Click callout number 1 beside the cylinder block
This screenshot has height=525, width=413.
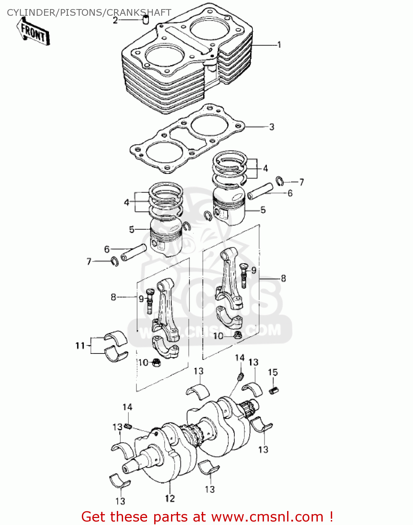(279, 45)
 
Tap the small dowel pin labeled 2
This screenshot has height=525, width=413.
(146, 20)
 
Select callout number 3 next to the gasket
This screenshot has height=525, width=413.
(272, 127)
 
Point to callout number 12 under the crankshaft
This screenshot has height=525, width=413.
(170, 498)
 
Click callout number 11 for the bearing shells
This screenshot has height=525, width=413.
(80, 346)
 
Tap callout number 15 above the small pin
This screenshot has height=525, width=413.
(273, 372)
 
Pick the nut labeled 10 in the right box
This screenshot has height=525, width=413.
(237, 335)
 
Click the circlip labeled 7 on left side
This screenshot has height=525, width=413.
(114, 261)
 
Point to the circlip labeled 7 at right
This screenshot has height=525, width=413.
(279, 181)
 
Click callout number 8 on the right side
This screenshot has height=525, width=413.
(283, 278)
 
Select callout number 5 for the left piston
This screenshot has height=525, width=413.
(131, 230)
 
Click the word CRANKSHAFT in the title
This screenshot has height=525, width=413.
(139, 13)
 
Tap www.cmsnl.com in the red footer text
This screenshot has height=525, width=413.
(267, 517)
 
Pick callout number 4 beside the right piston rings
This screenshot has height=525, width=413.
(265, 168)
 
